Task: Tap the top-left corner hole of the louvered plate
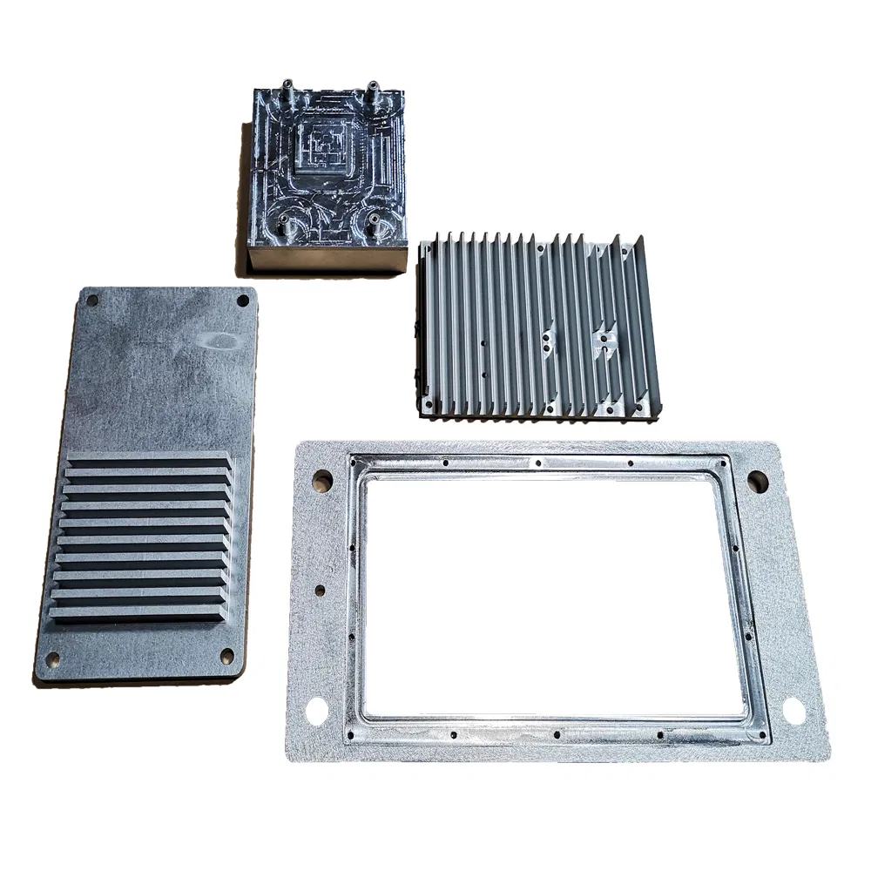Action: click(93, 301)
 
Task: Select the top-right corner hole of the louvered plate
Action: click(242, 300)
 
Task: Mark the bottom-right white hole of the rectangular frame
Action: click(794, 711)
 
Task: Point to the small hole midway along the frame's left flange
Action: click(320, 590)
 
